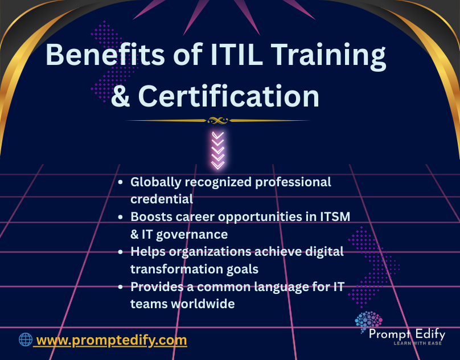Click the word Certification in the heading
[228, 97]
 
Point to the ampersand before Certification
[120, 97]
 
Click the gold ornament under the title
[217, 120]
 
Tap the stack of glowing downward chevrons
[217, 149]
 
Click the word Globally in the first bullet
[156, 182]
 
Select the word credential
[162, 199]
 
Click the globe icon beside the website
[26, 340]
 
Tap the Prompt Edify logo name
[406, 334]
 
